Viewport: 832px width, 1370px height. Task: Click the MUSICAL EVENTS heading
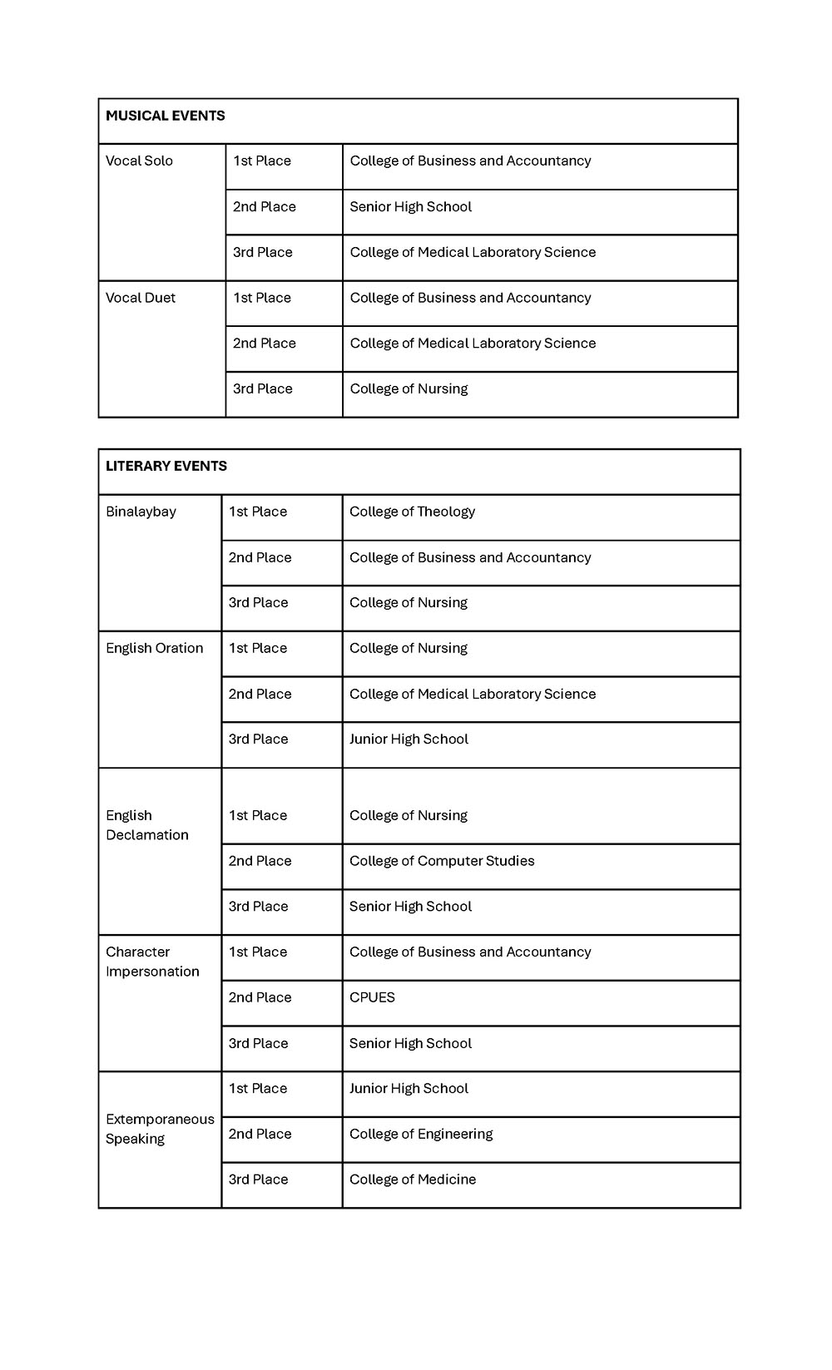pos(165,116)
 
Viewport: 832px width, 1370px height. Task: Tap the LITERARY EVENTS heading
pos(166,466)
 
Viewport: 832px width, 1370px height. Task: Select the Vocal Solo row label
pos(139,161)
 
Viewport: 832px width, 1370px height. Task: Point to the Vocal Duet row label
pos(140,298)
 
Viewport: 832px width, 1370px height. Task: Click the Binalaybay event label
pos(141,512)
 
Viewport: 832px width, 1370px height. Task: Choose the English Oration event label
pos(154,648)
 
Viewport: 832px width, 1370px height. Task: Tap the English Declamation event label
pos(146,825)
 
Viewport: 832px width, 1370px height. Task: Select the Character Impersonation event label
pos(152,962)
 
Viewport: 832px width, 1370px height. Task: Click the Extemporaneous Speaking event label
pos(160,1129)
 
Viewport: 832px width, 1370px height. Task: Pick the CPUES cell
pos(372,997)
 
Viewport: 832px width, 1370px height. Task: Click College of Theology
pos(412,512)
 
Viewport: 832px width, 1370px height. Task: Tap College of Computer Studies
pos(442,861)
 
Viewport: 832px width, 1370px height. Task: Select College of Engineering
pos(421,1134)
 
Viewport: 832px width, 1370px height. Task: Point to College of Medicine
pos(413,1180)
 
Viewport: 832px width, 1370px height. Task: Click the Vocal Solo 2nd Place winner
pos(410,206)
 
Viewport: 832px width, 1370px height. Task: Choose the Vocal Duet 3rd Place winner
pos(409,388)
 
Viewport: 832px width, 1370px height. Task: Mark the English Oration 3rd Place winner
pos(409,739)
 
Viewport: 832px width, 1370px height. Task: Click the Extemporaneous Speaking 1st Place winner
pos(409,1088)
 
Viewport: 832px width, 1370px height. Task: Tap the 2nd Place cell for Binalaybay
pos(260,557)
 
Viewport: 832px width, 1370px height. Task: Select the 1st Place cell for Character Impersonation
pos(258,952)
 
